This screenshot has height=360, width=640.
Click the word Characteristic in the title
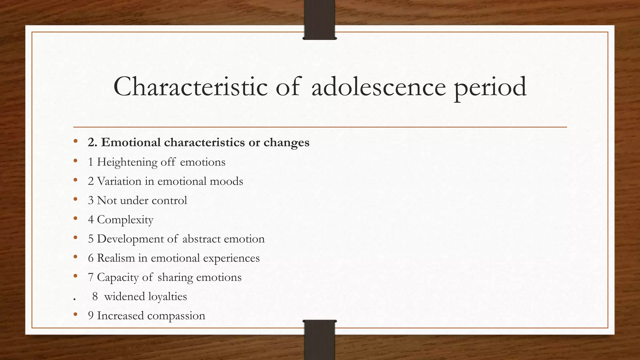click(x=190, y=87)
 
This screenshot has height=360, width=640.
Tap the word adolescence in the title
click(x=378, y=87)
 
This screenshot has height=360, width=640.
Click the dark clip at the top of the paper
click(x=319, y=20)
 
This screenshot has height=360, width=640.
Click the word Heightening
click(x=127, y=162)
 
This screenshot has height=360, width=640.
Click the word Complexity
click(x=125, y=220)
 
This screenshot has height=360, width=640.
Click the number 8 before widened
click(x=95, y=297)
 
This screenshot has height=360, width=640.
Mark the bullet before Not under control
click(x=75, y=199)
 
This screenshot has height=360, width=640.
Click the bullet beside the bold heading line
click(x=75, y=141)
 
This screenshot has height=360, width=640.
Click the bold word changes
click(x=286, y=143)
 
